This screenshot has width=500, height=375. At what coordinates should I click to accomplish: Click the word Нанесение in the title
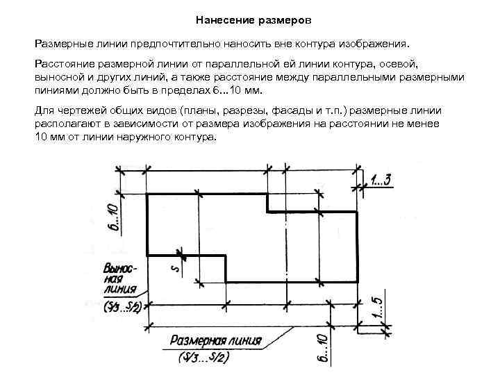click(222, 19)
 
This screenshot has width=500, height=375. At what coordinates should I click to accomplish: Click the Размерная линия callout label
click(216, 342)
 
